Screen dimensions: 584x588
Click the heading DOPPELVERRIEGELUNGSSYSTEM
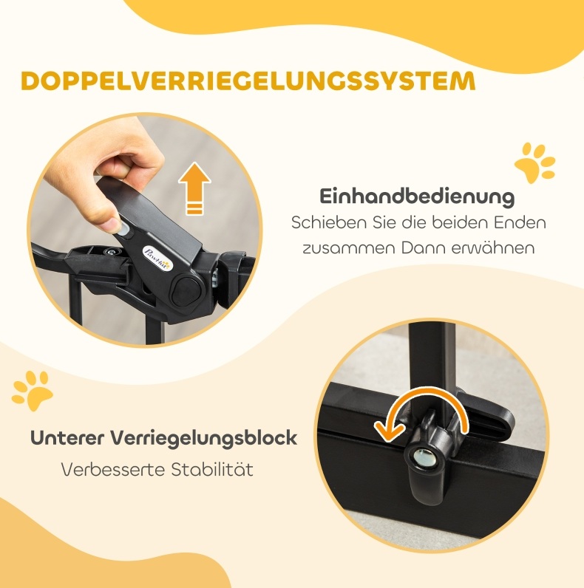pyautogui.click(x=248, y=81)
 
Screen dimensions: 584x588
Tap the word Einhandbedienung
pyautogui.click(x=417, y=196)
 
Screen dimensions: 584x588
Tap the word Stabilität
pyautogui.click(x=212, y=470)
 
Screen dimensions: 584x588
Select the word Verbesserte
pyautogui.click(x=112, y=470)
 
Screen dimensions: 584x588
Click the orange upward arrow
pyautogui.click(x=194, y=188)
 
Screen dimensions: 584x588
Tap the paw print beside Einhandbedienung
pyautogui.click(x=534, y=163)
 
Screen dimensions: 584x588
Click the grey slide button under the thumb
pyautogui.click(x=126, y=230)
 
